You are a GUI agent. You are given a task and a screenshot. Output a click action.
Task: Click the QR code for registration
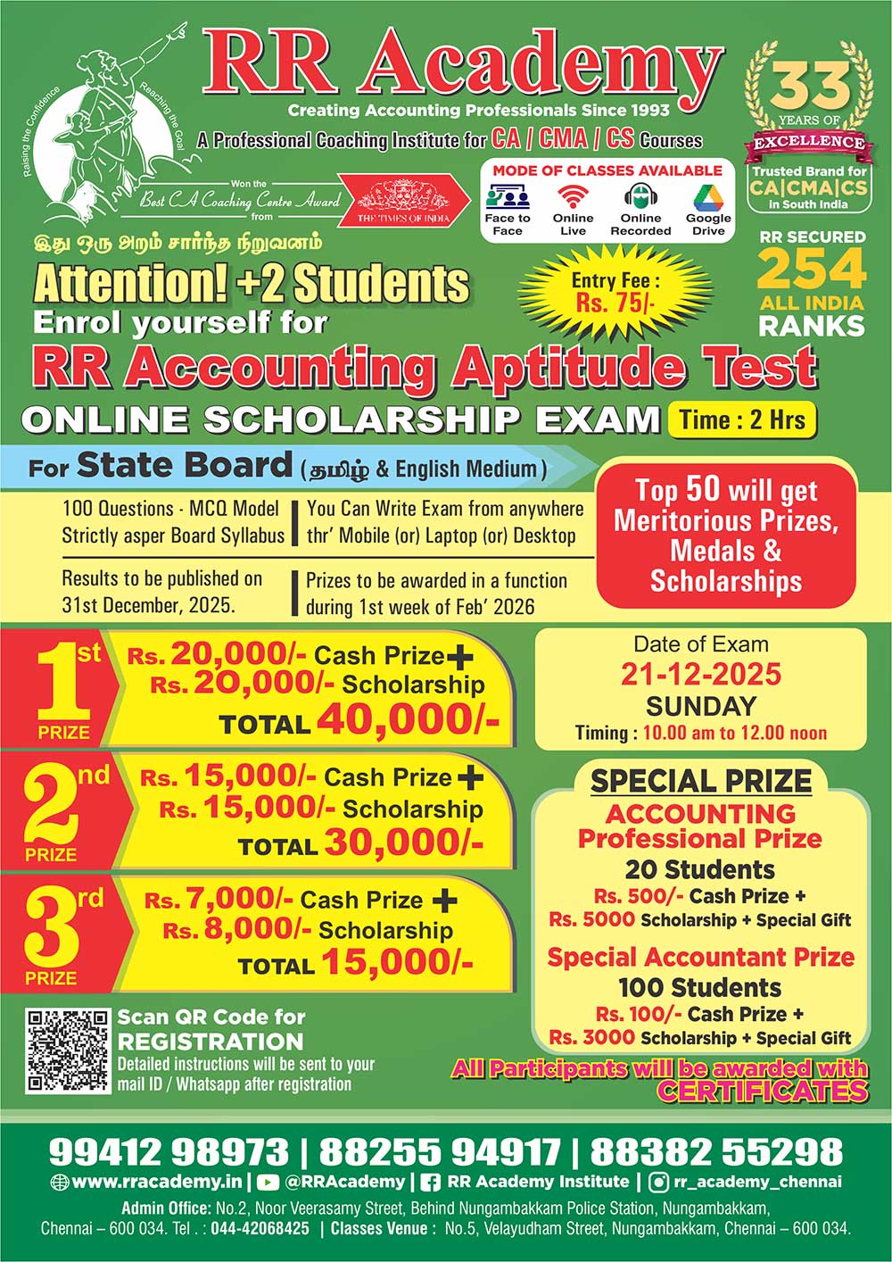(67, 1051)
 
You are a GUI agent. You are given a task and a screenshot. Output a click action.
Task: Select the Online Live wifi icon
(573, 196)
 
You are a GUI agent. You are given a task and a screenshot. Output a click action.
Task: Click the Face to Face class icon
(507, 196)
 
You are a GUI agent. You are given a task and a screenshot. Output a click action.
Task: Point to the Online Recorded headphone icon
(640, 196)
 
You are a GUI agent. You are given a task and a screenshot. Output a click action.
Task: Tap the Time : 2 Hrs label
(742, 419)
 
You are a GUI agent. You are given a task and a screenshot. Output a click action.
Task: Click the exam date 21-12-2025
(701, 674)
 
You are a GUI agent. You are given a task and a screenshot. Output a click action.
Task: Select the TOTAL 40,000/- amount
(408, 720)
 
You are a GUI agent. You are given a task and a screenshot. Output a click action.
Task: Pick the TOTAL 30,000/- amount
(403, 842)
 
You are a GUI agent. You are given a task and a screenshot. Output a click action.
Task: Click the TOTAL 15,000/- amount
(397, 962)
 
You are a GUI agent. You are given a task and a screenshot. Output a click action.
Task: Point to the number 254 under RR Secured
(811, 268)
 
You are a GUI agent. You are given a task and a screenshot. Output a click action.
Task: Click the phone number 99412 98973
(169, 1151)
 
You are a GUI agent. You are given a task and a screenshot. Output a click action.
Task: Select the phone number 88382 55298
(716, 1151)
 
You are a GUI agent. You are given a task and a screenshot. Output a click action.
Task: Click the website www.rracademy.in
(156, 1182)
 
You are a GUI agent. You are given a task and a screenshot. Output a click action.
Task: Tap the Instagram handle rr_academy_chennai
(757, 1182)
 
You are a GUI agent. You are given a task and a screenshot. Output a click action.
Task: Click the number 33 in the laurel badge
(809, 87)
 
